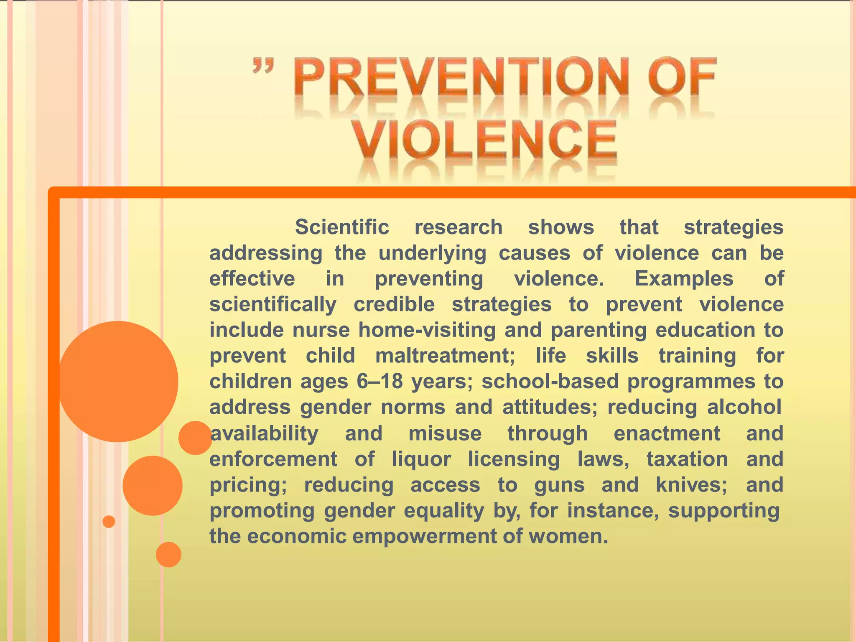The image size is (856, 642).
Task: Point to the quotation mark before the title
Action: pos(263,67)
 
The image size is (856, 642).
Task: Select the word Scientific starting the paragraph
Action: pos(342,227)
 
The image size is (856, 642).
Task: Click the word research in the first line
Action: pos(459,227)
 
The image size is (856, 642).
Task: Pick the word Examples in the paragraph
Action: pos(684,279)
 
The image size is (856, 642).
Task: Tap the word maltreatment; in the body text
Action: pos(445,356)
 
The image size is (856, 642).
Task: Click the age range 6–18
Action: pos(380,382)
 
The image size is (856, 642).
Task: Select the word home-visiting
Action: pos(427,330)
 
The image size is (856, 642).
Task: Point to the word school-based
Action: pos(550,382)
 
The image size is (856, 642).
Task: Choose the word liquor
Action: pos(421,459)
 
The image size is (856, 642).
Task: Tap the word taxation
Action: pos(687,459)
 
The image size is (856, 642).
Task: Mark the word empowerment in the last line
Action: pos(424,536)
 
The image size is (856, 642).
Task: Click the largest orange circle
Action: pos(118,381)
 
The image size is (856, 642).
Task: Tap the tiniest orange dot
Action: pos(109,522)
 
